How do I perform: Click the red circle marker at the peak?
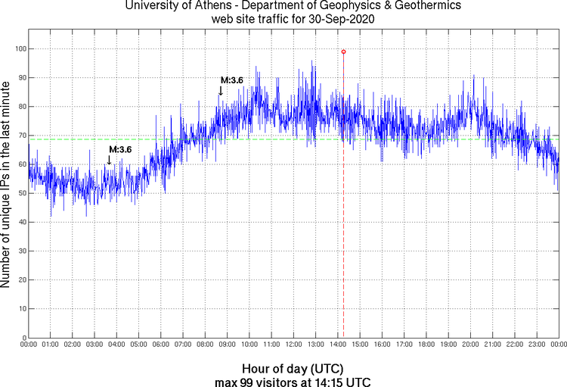coord(343,51)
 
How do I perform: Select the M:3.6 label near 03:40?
coord(120,149)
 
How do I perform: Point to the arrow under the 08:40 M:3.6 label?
coord(221,90)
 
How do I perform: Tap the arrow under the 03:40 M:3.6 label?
coord(109,159)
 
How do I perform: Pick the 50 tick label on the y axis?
coord(20,193)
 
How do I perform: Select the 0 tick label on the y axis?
coord(23,338)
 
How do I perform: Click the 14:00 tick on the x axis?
coord(338,345)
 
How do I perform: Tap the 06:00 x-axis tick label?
coord(161,345)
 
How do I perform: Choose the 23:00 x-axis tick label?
coord(537,345)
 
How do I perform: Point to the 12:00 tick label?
coord(293,345)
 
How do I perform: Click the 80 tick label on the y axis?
coord(20,107)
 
